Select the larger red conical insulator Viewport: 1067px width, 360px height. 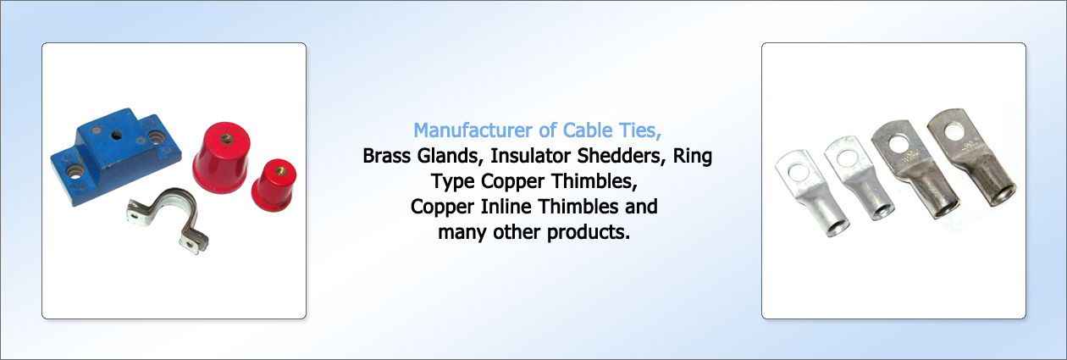222,158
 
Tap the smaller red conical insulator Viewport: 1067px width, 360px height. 274,186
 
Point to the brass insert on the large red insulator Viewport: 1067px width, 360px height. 226,139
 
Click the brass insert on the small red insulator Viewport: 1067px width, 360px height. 279,170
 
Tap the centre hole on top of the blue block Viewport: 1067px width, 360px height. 117,136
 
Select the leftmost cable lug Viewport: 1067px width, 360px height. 812,193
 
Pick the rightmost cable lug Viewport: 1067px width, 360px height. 972,158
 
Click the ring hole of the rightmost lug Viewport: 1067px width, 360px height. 954,132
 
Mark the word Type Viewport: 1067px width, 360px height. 452,182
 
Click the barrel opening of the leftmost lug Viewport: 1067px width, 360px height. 837,228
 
